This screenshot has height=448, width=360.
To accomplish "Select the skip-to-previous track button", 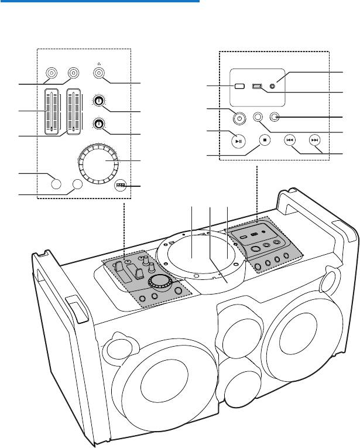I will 290,141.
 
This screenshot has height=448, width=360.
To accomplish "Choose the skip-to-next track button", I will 315,141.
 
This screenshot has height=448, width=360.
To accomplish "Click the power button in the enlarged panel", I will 237,117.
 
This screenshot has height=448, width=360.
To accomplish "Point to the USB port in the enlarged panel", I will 258,86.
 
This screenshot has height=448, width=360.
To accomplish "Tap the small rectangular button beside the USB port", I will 239,86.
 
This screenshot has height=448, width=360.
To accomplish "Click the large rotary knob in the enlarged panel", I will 100,162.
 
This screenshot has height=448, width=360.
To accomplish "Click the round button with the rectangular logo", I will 121,186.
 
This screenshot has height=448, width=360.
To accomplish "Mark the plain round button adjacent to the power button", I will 259,117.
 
